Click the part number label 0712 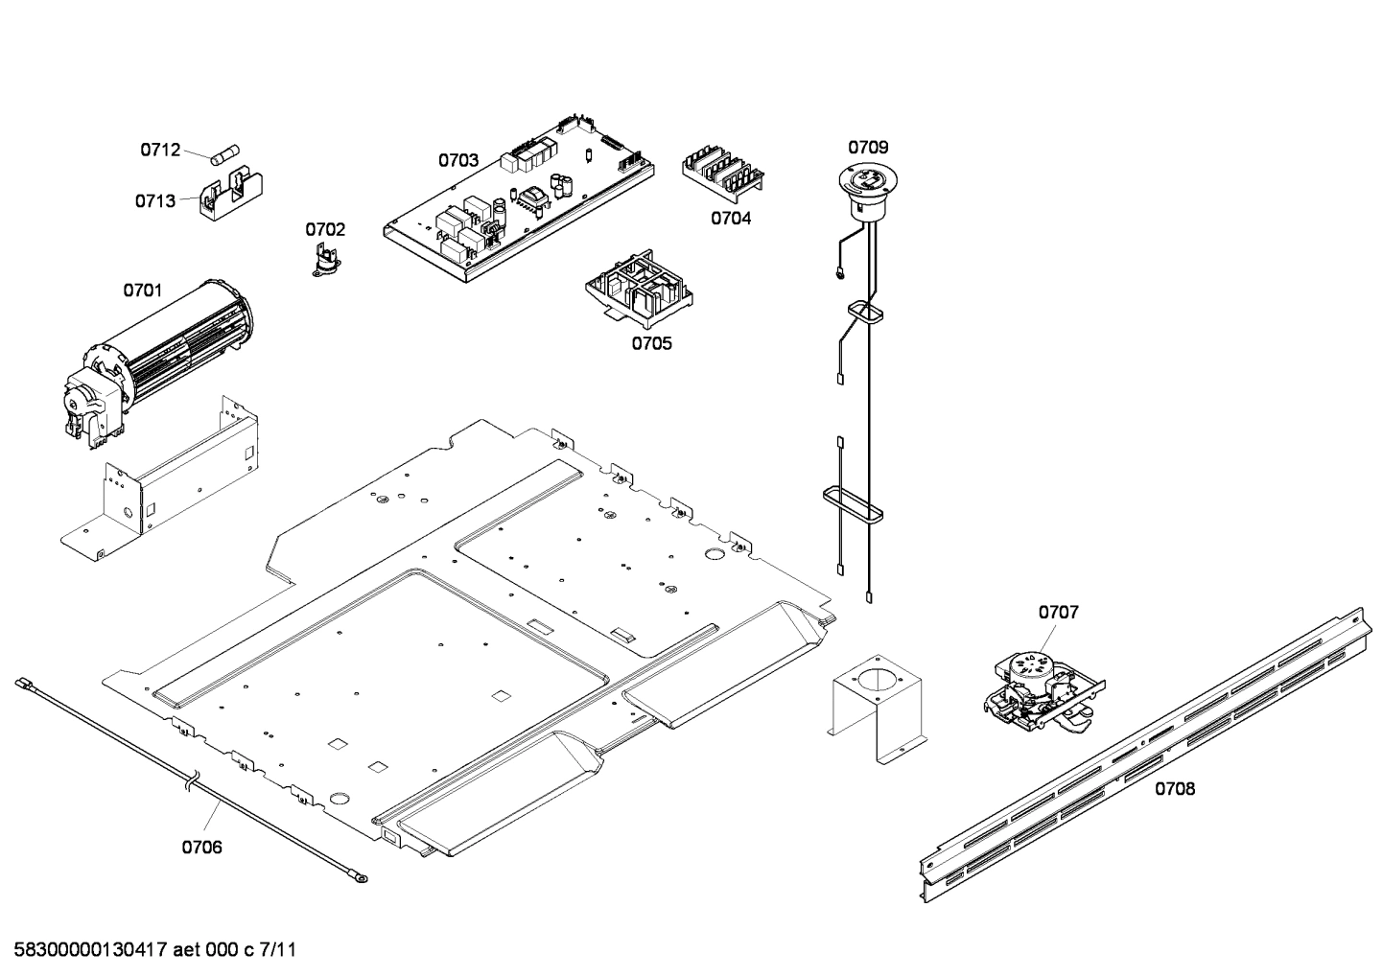click(x=160, y=150)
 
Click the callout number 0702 click(x=325, y=229)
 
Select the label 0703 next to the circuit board click(x=458, y=160)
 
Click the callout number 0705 click(x=651, y=343)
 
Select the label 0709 click(x=867, y=147)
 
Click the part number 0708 click(x=1174, y=789)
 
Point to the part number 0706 click(x=201, y=847)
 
